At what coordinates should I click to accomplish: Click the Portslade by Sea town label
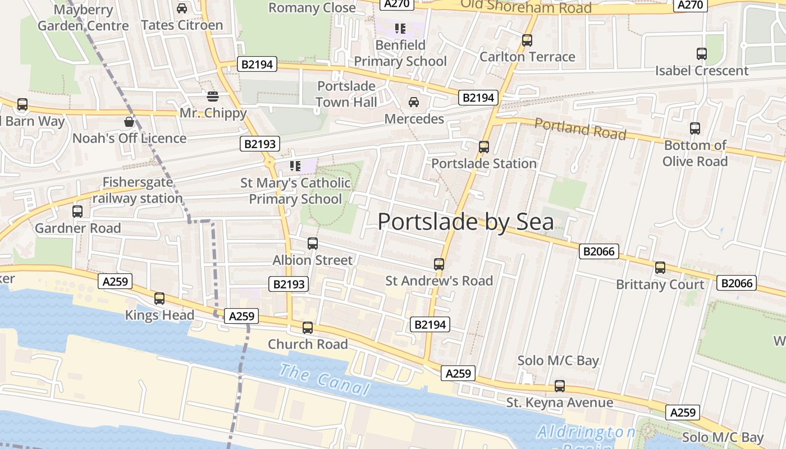click(465, 222)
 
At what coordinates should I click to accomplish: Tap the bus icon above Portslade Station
click(483, 147)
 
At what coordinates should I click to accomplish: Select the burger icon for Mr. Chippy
click(212, 97)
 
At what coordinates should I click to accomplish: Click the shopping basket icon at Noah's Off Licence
click(129, 122)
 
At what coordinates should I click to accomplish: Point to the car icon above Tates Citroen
click(181, 8)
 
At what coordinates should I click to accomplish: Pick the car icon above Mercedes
click(414, 102)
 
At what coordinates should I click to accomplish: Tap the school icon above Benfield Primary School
click(400, 28)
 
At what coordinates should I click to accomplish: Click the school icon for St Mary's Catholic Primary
click(295, 166)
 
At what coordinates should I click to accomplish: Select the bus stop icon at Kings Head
click(159, 299)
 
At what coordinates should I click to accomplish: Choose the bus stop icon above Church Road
click(307, 328)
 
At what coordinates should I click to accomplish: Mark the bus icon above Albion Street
click(313, 244)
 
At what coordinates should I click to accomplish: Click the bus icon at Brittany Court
click(660, 268)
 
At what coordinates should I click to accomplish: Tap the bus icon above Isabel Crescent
click(701, 54)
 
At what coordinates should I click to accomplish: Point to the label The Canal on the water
click(325, 379)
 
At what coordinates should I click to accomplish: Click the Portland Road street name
click(579, 129)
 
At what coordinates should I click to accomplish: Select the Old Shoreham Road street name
click(526, 7)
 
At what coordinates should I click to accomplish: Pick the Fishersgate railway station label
click(138, 190)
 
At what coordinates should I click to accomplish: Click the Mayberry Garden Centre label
click(83, 17)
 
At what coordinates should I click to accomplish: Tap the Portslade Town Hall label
click(346, 94)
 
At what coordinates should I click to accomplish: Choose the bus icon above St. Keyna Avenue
click(559, 386)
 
